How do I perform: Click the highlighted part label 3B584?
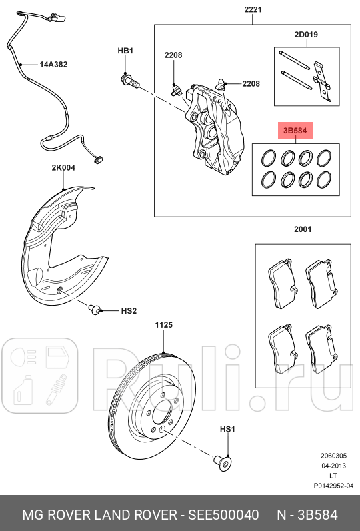tap(295, 131)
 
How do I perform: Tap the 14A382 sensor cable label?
tap(53, 65)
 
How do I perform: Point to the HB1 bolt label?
tap(126, 51)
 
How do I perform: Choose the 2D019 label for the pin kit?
tap(307, 33)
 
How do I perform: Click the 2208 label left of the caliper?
tap(173, 56)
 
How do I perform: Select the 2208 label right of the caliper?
tap(251, 84)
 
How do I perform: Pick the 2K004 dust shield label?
tap(63, 169)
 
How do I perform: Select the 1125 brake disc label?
tap(164, 325)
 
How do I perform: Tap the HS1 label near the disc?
tap(228, 430)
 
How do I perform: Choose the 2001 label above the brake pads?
tap(303, 229)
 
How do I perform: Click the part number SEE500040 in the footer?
tap(223, 515)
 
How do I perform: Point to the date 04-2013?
tap(334, 465)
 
